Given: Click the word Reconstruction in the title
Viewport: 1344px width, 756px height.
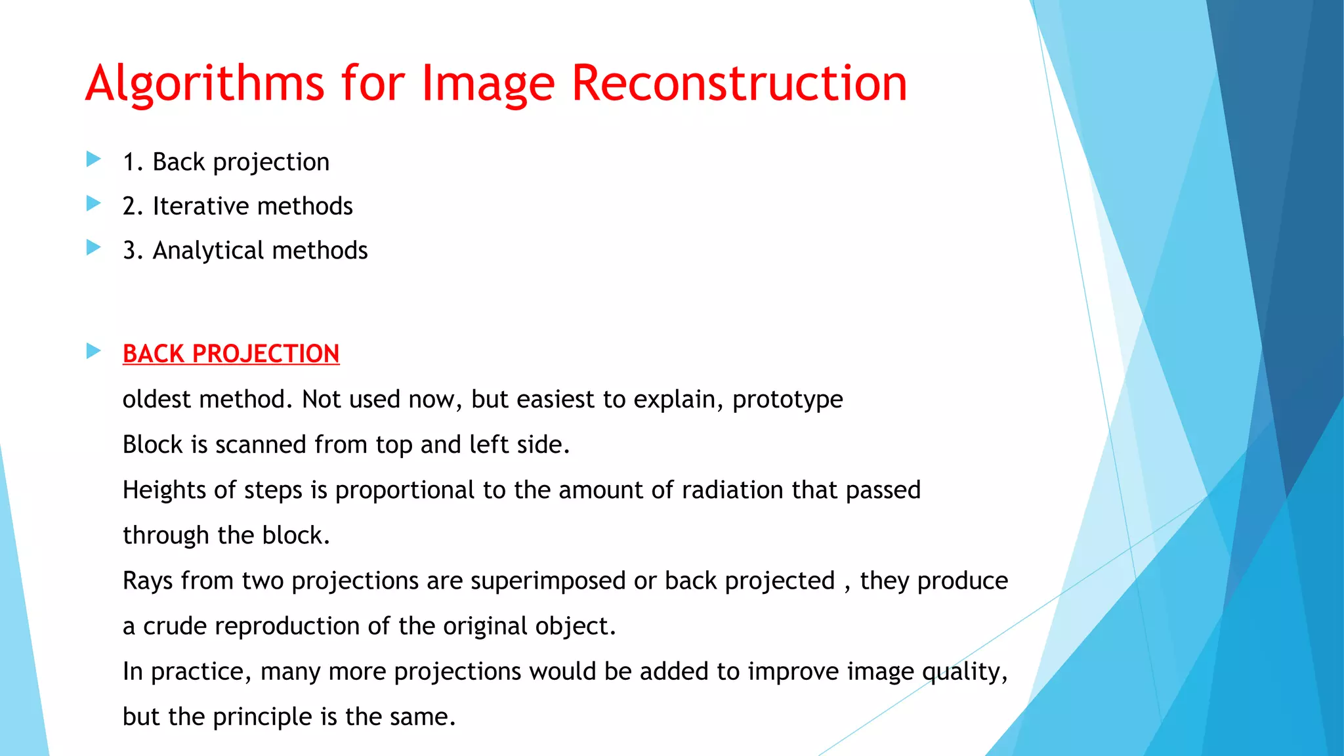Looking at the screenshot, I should pyautogui.click(x=740, y=84).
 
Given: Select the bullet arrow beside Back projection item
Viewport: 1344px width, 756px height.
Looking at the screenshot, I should pyautogui.click(x=94, y=159).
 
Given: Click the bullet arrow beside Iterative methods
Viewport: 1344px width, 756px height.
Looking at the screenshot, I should pyautogui.click(x=94, y=204).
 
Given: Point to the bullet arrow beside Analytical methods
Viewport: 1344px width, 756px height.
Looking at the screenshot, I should pyautogui.click(x=94, y=248).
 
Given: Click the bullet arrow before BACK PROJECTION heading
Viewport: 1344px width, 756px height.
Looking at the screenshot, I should pyautogui.click(x=94, y=352).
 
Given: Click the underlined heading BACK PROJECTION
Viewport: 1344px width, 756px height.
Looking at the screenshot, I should pyautogui.click(x=231, y=354).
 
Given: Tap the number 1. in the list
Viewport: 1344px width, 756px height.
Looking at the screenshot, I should pyautogui.click(x=133, y=162).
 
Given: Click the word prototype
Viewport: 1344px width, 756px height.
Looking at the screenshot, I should pyautogui.click(x=787, y=400).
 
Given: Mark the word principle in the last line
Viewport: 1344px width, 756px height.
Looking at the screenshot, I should pyautogui.click(x=263, y=717).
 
